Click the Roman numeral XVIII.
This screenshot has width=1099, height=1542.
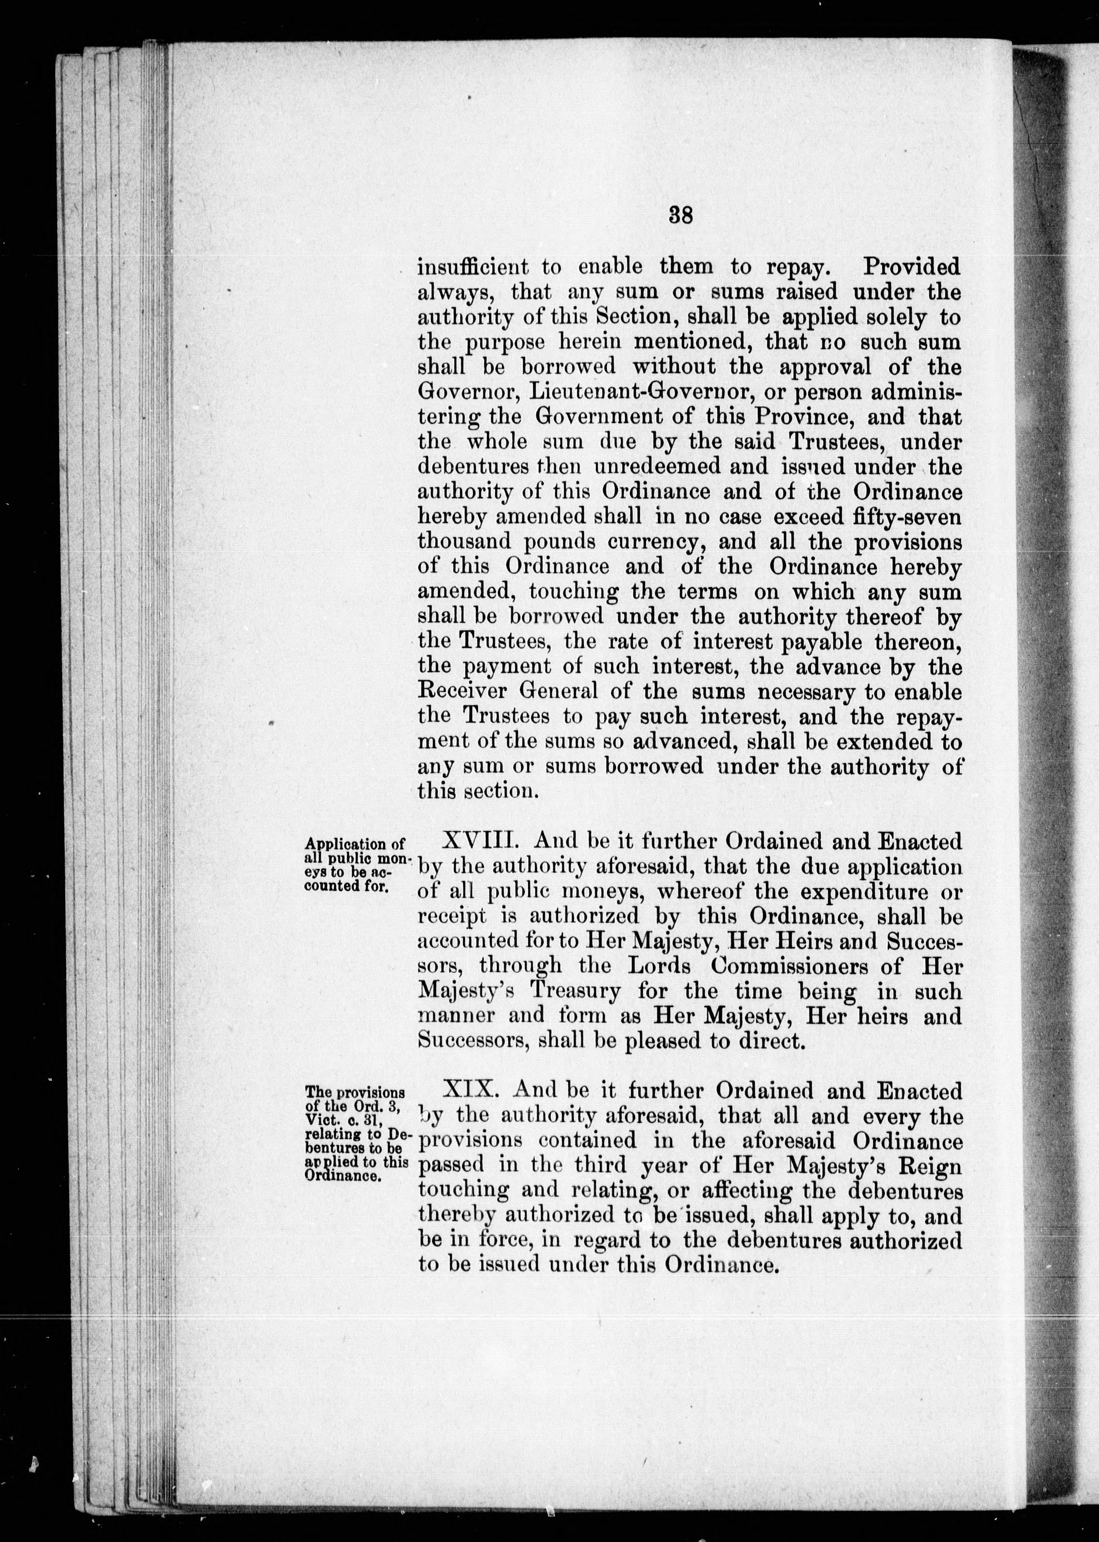[x=480, y=842]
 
